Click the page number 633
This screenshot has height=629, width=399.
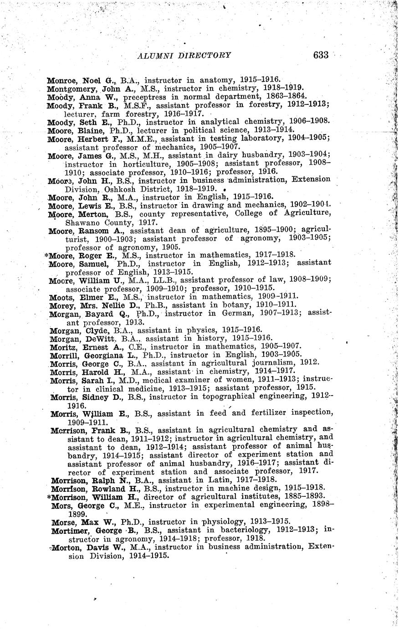click(321, 55)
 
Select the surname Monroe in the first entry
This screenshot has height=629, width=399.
click(62, 80)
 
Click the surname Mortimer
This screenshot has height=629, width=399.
click(71, 531)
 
